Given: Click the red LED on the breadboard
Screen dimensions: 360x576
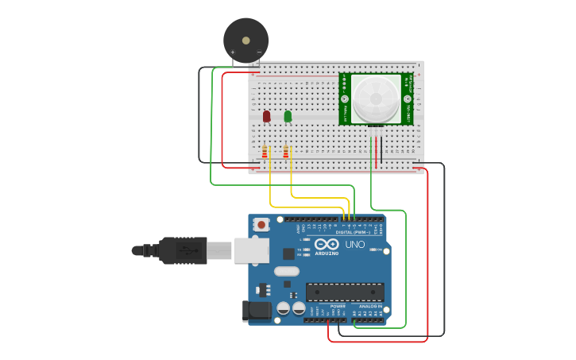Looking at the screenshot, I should click(x=266, y=116).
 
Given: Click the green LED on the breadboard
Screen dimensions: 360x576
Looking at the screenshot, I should click(x=288, y=116).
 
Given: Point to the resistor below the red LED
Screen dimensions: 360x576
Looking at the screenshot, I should click(x=265, y=151).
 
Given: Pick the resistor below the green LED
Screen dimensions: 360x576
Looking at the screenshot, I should click(x=287, y=151).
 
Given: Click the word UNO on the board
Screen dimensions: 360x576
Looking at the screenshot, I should click(x=355, y=244).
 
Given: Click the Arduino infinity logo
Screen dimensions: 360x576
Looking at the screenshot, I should click(x=327, y=244).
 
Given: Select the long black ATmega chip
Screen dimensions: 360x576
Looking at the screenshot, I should click(x=345, y=292).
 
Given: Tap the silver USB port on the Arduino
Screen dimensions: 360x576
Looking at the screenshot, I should click(x=251, y=250).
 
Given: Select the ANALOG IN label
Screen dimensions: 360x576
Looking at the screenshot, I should click(x=369, y=306).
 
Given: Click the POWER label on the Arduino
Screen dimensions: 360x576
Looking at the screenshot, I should click(x=338, y=306).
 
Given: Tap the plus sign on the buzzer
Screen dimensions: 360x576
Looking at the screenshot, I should click(x=233, y=52).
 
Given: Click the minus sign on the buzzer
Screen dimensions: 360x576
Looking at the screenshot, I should click(x=259, y=52).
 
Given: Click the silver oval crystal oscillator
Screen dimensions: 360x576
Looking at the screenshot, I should click(x=287, y=271).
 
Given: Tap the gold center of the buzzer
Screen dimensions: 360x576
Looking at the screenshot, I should click(x=245, y=39).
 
